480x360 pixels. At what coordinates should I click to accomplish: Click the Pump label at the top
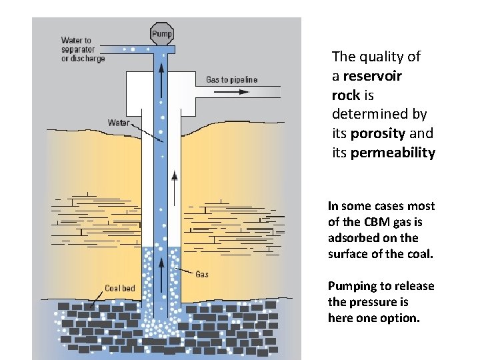[x=162, y=33]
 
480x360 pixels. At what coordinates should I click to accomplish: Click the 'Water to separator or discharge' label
[x=83, y=49]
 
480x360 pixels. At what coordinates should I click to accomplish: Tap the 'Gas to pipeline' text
[x=231, y=80]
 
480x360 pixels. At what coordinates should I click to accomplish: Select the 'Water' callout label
[x=119, y=123]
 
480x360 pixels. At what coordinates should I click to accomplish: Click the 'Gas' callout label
[x=202, y=273]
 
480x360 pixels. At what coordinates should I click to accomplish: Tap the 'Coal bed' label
[x=120, y=289]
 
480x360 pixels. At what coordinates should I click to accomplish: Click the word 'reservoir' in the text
[x=376, y=76]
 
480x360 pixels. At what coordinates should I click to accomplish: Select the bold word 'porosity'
[x=377, y=133]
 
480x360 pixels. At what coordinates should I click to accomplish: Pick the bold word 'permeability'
[x=393, y=153]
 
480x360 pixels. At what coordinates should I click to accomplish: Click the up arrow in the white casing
[x=175, y=177]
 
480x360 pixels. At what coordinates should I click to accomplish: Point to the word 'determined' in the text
[x=379, y=114]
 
